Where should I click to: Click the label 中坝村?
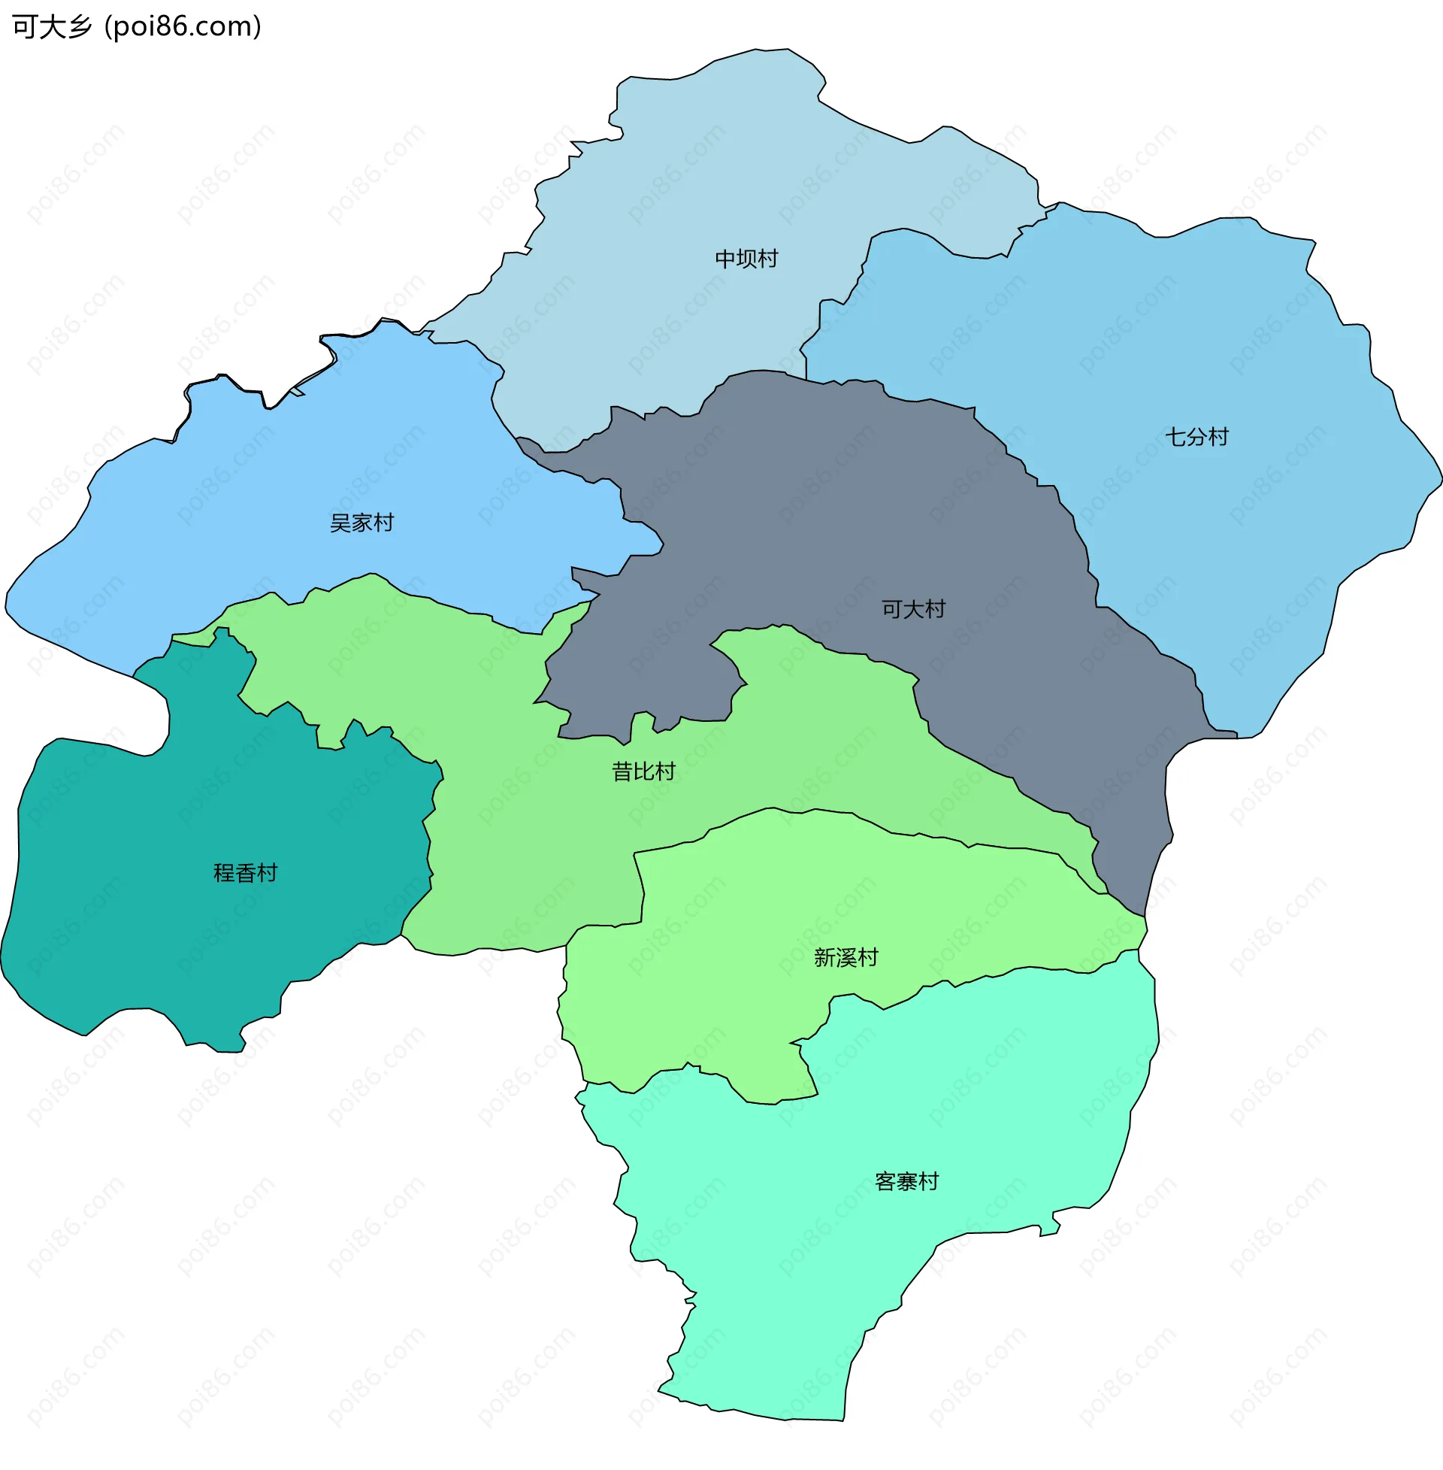coord(746,259)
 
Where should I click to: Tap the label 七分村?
coord(1196,438)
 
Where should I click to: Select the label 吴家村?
coord(362,523)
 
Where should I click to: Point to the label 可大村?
coord(913,610)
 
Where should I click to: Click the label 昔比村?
coord(643,771)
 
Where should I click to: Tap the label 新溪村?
coord(846,958)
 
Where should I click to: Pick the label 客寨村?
coord(906,1182)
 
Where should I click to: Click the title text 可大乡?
coord(52,27)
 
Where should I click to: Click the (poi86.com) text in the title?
coord(183,27)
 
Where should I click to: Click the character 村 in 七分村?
coord(1218,438)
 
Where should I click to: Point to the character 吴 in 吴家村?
coord(340,523)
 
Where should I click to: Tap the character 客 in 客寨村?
coord(885,1182)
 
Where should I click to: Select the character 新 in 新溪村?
coord(824,958)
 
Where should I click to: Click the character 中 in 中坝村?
coord(725,259)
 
